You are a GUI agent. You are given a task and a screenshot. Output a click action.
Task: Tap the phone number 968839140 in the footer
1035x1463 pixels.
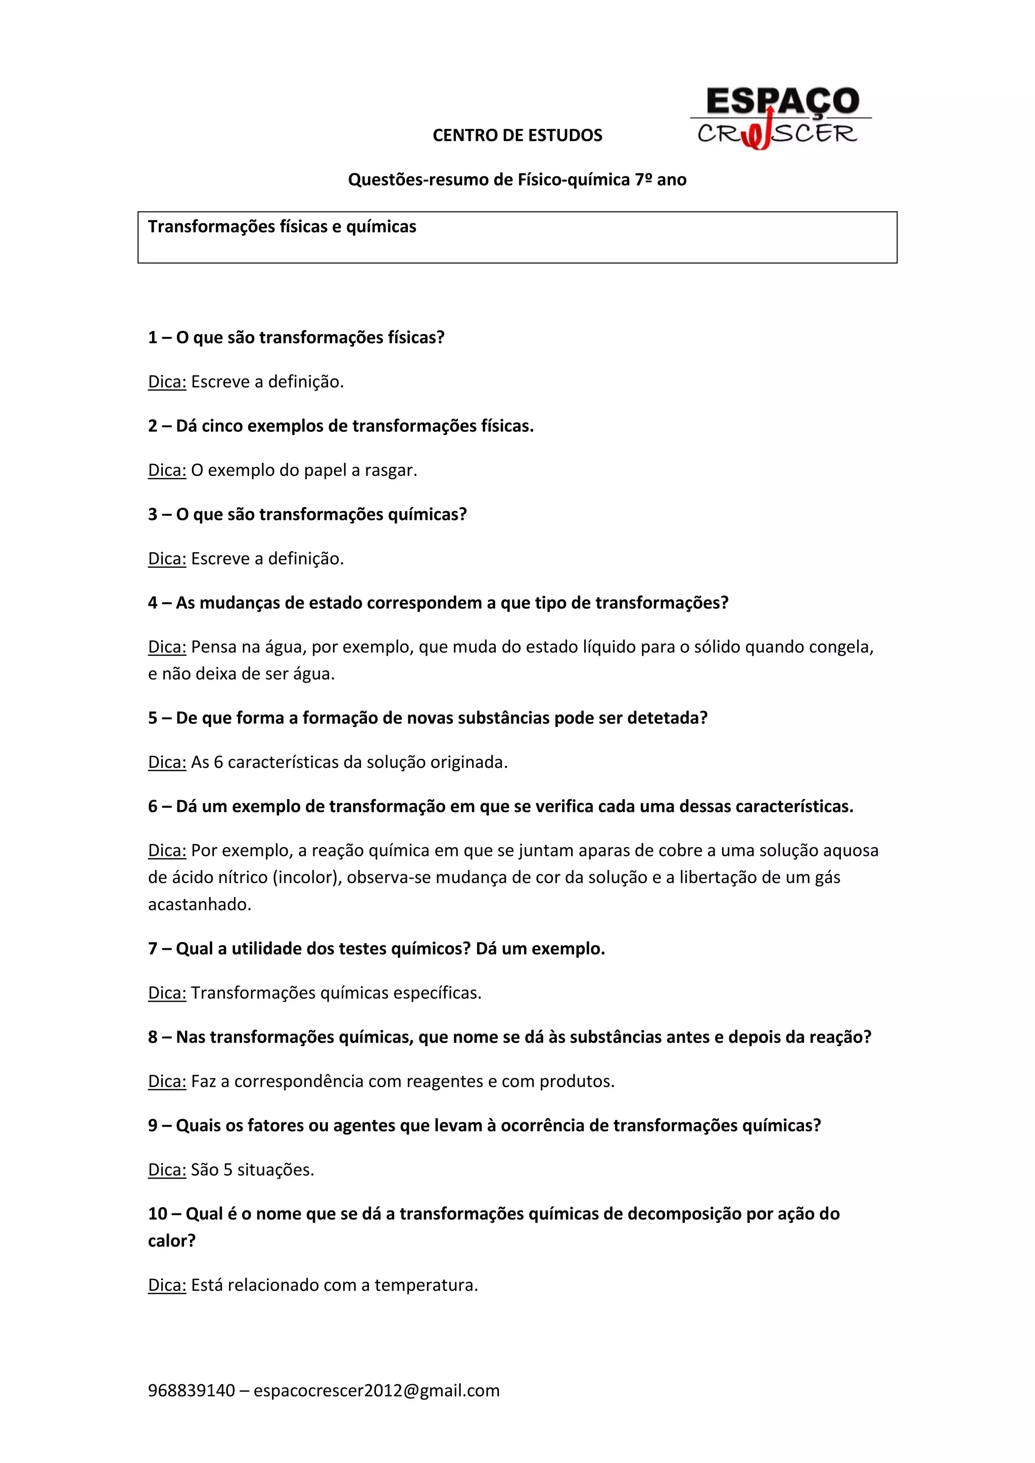coord(191,1390)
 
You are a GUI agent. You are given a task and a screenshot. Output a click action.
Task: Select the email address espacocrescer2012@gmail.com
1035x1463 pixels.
coord(377,1390)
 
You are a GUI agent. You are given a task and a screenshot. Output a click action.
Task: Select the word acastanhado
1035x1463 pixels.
coord(200,904)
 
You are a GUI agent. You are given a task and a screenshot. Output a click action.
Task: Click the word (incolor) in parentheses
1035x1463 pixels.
coord(306,877)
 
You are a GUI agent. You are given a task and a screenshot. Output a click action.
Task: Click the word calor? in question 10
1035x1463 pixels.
coord(171,1241)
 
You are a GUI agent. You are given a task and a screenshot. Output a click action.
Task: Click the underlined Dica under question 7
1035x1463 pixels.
coord(167,993)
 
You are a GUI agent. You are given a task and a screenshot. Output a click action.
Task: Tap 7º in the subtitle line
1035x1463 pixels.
coord(643,180)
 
